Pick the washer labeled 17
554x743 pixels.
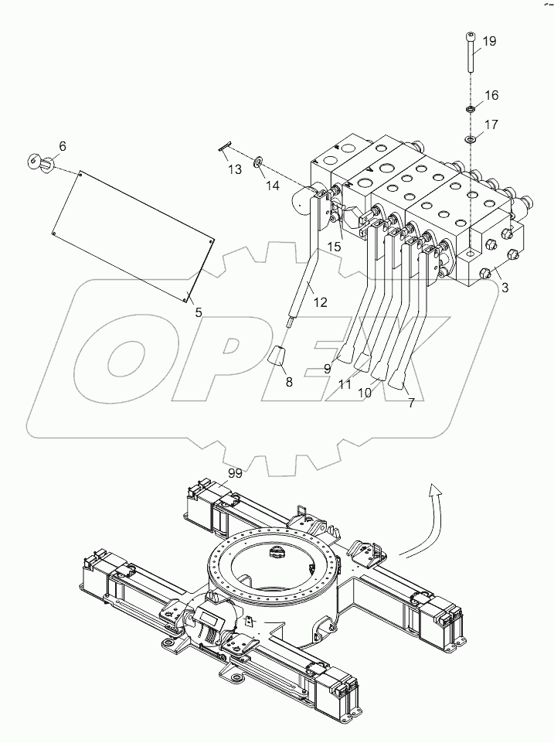470,139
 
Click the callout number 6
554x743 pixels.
63,145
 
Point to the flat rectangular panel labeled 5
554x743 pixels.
131,232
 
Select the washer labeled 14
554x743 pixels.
257,163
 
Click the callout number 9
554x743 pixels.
327,369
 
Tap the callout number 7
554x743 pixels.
410,403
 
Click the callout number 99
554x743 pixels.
235,473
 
